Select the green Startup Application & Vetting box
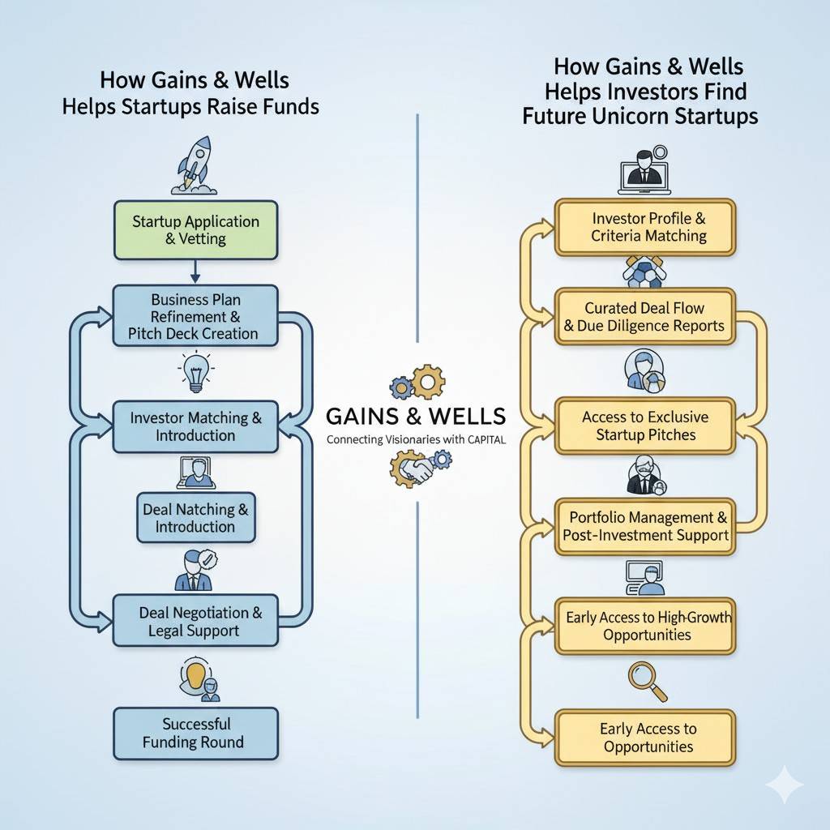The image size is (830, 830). coord(195,230)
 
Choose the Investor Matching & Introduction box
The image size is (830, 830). coord(195,426)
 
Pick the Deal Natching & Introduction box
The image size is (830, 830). coord(195,518)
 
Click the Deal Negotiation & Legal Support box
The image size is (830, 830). coord(195,621)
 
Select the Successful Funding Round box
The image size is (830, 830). coord(195,733)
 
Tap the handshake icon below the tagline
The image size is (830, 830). coord(415,468)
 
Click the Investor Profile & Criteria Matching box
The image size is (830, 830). coord(645,227)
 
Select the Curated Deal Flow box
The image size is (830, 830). coord(645,317)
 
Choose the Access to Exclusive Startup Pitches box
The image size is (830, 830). coord(645,426)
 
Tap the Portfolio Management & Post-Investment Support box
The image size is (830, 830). coord(645,526)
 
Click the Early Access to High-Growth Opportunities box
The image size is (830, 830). coord(645,626)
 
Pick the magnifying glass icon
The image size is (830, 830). coord(647,681)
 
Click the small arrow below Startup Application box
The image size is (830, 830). coord(196,272)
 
